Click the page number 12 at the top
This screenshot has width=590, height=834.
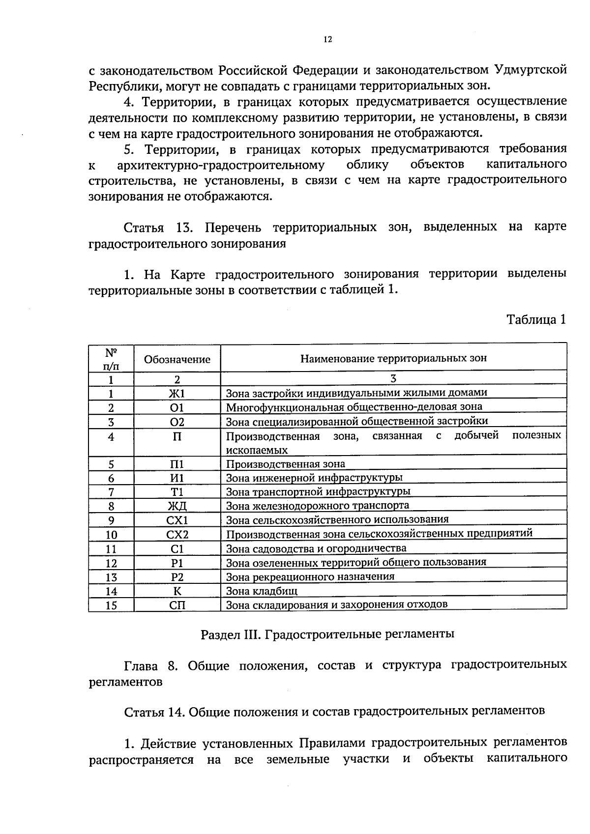(328, 40)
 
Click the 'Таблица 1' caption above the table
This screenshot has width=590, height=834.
(536, 320)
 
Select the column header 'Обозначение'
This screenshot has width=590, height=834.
(177, 359)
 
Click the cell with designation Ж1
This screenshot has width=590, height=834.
(177, 394)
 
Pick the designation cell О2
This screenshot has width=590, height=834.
(177, 422)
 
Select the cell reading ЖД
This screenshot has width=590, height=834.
(177, 507)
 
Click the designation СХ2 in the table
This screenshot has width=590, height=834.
(177, 535)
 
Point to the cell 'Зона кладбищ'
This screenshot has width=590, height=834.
(262, 591)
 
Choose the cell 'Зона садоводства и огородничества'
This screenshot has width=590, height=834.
(316, 548)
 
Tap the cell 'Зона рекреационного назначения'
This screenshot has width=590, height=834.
(310, 577)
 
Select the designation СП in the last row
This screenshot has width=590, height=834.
(177, 605)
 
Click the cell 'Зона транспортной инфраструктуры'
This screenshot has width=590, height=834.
(318, 492)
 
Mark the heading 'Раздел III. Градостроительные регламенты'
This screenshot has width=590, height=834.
(327, 634)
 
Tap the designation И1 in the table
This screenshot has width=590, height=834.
(177, 478)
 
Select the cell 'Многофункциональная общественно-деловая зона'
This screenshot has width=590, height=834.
(354, 407)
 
